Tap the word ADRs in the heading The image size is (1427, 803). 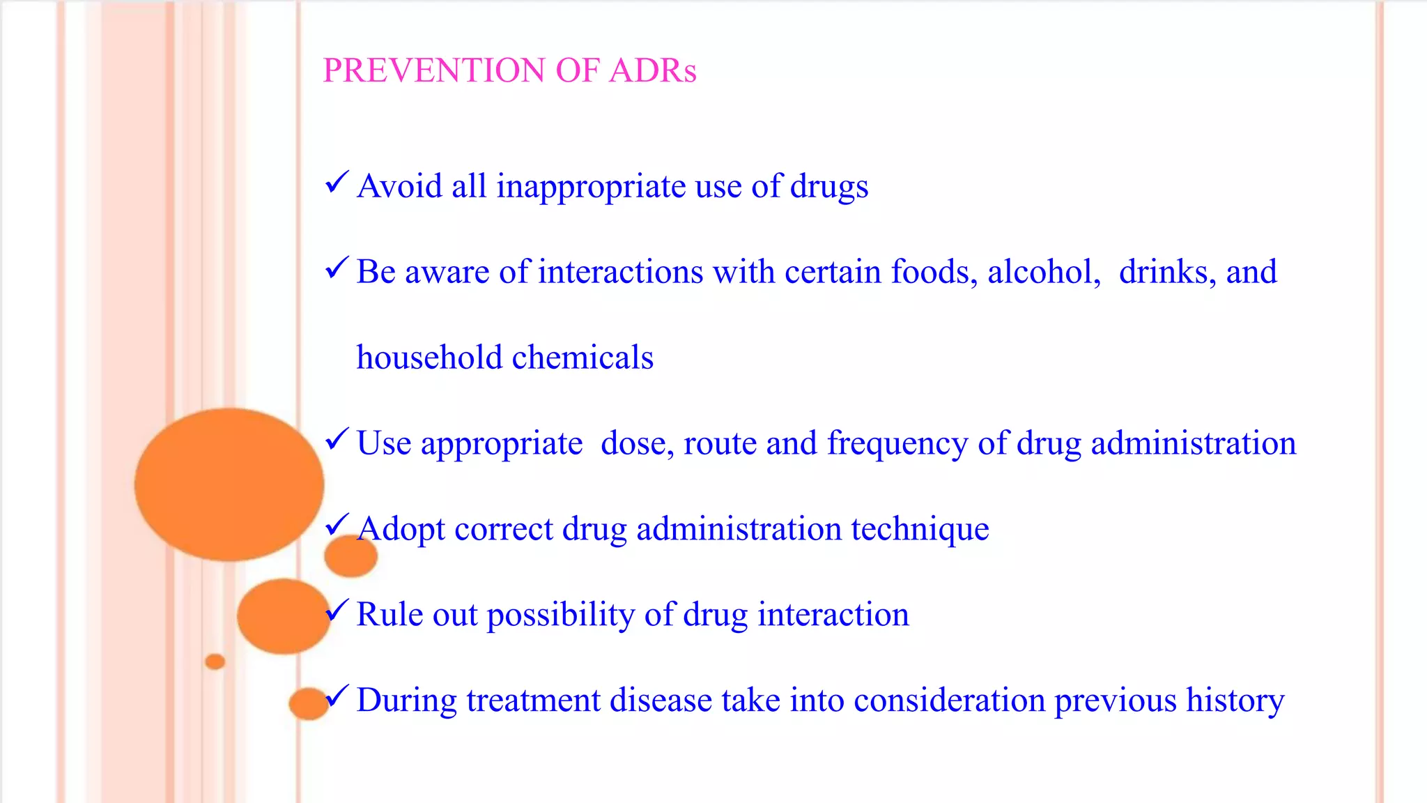coord(652,70)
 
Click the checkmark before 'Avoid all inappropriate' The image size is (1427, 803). coord(337,183)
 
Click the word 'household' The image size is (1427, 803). coord(429,357)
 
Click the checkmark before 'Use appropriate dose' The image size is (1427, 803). coord(337,439)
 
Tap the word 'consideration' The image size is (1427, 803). coord(949,700)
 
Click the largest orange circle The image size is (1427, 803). coord(229,484)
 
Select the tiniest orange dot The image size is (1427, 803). coord(215,661)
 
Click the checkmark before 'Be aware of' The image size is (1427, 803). coord(337,268)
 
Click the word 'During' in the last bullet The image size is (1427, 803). coord(406,700)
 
